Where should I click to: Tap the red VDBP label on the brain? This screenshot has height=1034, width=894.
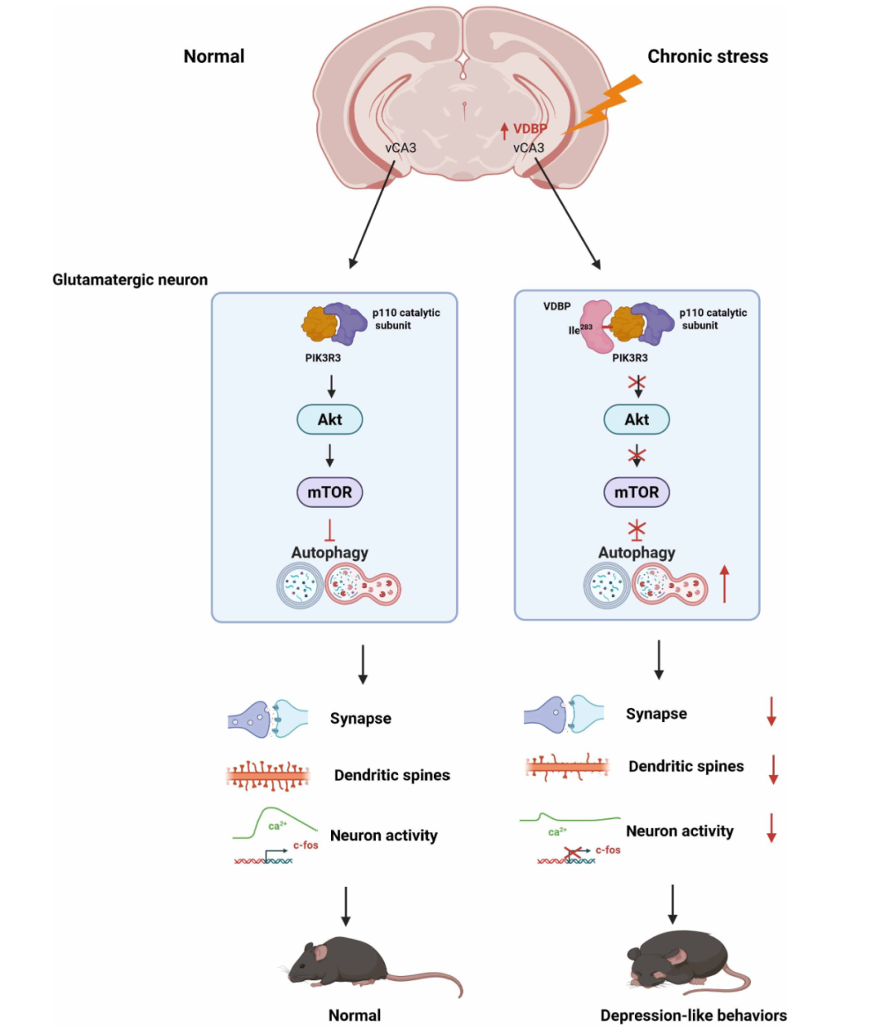tap(530, 129)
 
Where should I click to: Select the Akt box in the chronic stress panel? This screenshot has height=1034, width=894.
tap(637, 419)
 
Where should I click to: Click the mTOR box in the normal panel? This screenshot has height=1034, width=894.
tap(329, 492)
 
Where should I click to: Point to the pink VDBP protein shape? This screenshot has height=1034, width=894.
tap(597, 326)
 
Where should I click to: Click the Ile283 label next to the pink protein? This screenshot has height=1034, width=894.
tap(580, 330)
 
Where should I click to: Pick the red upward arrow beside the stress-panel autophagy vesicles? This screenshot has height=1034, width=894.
tap(724, 584)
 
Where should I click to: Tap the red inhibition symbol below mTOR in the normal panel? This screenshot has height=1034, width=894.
tap(329, 530)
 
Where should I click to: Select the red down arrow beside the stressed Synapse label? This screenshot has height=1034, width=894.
tap(771, 711)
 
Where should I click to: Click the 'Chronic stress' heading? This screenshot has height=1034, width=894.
tap(707, 56)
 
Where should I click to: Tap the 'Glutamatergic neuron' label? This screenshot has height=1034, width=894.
tap(130, 280)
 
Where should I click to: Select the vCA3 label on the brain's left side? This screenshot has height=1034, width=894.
tap(401, 148)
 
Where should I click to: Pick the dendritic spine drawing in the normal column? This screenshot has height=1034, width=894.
tap(268, 776)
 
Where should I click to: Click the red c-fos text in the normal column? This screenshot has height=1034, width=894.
tap(305, 845)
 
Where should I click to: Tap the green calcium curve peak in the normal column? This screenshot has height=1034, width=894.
tap(271, 807)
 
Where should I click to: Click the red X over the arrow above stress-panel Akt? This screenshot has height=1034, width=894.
tap(637, 383)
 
